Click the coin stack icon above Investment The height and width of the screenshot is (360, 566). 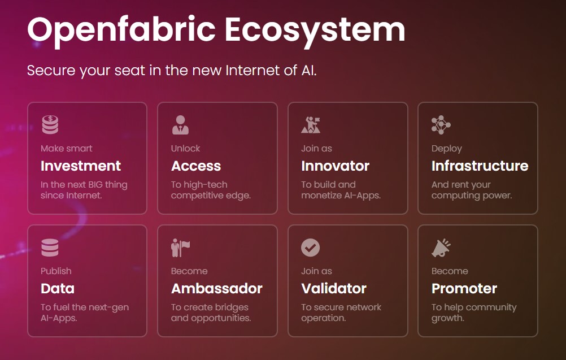coord(50,125)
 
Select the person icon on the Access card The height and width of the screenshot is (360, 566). coord(180,125)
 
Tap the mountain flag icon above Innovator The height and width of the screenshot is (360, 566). coord(310,125)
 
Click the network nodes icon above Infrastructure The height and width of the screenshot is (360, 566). coord(440,125)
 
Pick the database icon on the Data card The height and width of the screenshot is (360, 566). coord(50,248)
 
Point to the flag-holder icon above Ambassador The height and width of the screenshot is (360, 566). coord(180,248)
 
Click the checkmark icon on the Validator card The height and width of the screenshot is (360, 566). coord(310,248)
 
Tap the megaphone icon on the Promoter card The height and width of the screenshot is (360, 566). coord(441,248)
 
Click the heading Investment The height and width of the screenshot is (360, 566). coord(81,166)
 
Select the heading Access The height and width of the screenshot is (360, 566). coord(196,166)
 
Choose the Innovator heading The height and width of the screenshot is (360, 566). coord(335,166)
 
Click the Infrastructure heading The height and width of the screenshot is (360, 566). coord(480,166)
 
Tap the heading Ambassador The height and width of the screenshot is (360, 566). coord(216,289)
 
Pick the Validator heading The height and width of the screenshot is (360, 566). coord(334,289)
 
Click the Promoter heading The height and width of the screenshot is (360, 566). coord(464,289)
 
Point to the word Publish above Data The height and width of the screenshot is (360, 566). coord(56,271)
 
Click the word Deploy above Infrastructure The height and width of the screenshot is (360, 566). coord(446,149)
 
